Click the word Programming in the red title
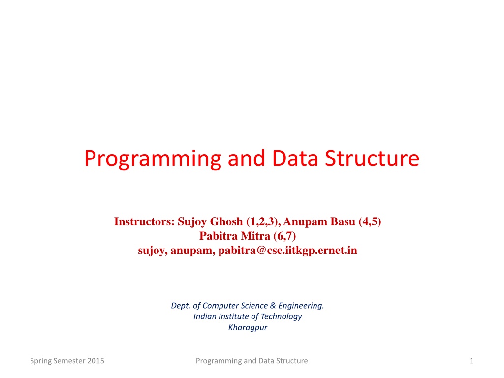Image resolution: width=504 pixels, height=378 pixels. coord(153,159)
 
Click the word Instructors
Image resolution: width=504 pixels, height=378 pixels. coord(144,221)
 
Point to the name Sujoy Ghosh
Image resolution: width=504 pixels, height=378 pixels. coord(210,222)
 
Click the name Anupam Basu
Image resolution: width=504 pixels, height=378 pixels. coord(319,222)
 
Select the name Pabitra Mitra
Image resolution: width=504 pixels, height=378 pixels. coord(235,236)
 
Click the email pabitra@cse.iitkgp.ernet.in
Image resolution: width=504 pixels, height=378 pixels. coord(287,251)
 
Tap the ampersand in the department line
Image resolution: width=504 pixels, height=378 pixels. coord(273,305)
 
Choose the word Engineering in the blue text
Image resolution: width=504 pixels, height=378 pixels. coord(301,306)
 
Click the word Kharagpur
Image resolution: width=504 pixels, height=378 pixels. coord(248,327)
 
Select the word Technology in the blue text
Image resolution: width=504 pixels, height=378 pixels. coord(281,316)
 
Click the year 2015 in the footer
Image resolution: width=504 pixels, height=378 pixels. coord(96,361)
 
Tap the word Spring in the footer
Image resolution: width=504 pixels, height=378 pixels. coord(41,361)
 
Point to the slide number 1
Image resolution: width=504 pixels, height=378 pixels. coord(472,361)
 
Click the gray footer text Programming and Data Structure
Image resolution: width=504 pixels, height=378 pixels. coord(252,361)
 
